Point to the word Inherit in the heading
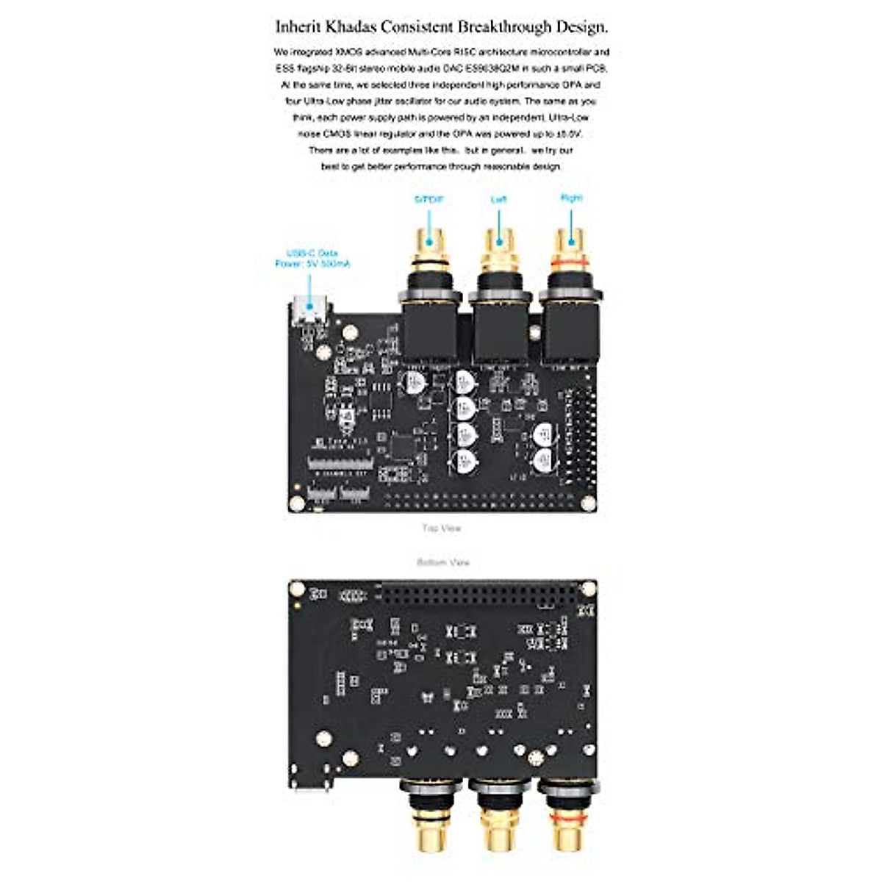click(x=298, y=27)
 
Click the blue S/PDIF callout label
click(x=429, y=199)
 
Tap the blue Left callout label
click(x=499, y=199)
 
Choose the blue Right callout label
click(x=571, y=198)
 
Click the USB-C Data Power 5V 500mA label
click(x=312, y=258)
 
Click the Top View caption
click(x=442, y=528)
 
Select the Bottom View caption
click(x=443, y=562)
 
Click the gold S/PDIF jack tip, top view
click(x=429, y=239)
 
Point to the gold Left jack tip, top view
click(x=500, y=239)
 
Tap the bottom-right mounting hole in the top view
click(x=588, y=503)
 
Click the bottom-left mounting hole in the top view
click(x=297, y=503)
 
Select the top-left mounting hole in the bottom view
click(x=297, y=589)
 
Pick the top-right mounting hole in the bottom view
click(x=588, y=589)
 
